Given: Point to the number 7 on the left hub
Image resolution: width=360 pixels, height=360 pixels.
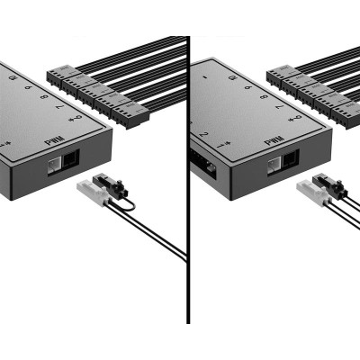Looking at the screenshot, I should coord(59,106).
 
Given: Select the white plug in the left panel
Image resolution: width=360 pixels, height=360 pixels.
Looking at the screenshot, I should coord(91,190).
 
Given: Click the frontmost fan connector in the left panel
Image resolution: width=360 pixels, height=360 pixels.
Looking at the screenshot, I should coord(130,113).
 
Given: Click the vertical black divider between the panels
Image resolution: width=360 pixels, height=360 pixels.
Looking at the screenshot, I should coord(188,180).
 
